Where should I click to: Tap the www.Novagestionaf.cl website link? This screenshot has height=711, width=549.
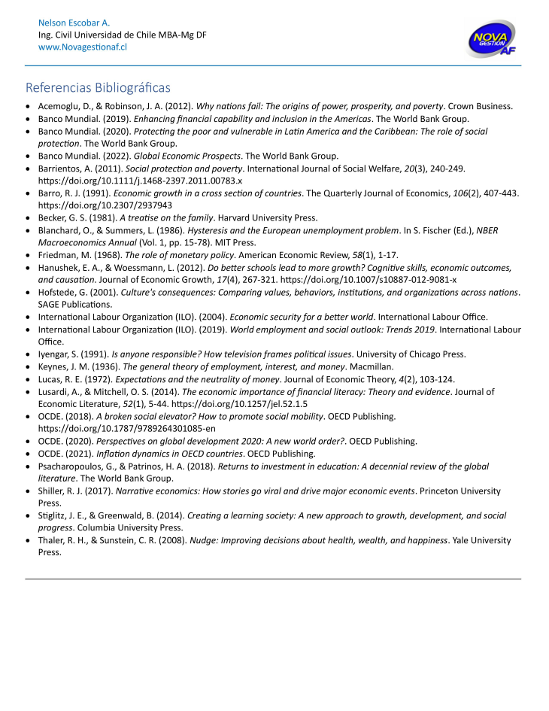pos(82,47)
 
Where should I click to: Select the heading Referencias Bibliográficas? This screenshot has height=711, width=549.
pos(98,87)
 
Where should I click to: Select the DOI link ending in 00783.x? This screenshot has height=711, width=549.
pos(140,181)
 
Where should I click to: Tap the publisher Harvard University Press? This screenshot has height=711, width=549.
pos(274,217)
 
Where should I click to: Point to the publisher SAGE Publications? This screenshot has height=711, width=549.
pos(75,304)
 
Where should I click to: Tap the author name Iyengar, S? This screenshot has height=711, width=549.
pos(61,354)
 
